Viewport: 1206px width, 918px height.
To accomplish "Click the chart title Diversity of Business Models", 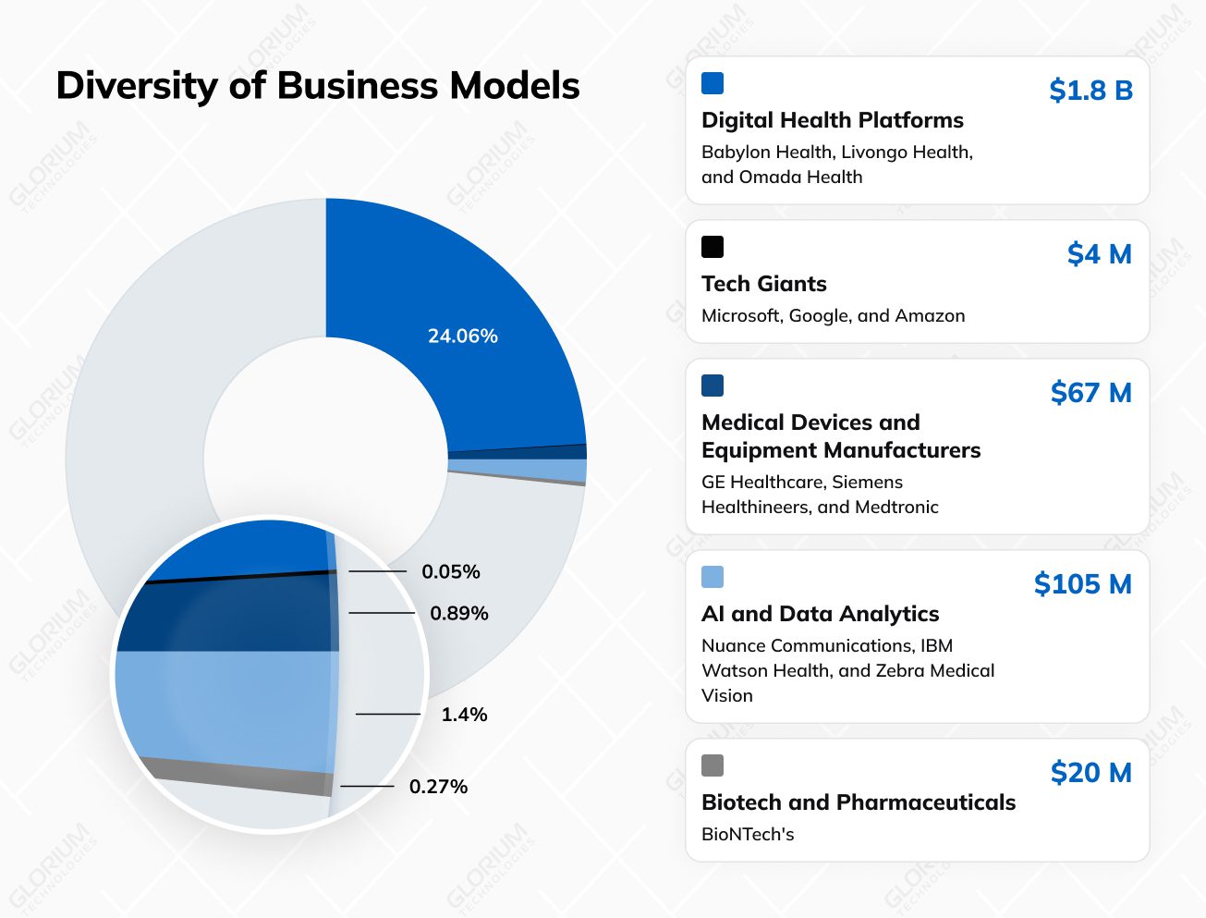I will click(x=317, y=86).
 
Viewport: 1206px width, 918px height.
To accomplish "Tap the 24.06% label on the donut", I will click(x=462, y=336).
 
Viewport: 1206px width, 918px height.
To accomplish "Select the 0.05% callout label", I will click(x=450, y=571).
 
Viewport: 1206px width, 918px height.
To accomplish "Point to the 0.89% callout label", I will click(x=458, y=613).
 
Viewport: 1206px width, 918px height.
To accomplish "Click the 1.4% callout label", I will click(x=464, y=714).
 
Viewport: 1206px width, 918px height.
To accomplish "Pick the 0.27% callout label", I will click(x=438, y=786).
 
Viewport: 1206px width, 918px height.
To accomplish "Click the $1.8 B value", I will click(x=1090, y=90).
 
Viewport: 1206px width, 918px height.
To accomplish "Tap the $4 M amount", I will click(x=1099, y=253).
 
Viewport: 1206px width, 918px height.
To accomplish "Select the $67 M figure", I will click(x=1090, y=392).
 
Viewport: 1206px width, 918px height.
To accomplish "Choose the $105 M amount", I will click(x=1082, y=583).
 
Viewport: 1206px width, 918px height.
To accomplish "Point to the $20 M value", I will click(x=1090, y=772).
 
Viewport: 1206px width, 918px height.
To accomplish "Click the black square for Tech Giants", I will click(x=713, y=247).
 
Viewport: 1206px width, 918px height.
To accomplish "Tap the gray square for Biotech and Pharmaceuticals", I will click(x=713, y=765).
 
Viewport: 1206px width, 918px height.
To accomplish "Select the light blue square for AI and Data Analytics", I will click(x=713, y=577).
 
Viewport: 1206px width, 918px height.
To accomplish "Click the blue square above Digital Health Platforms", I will click(x=713, y=83).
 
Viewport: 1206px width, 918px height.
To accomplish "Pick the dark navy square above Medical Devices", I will click(x=713, y=386).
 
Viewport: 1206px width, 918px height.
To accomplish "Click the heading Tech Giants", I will click(x=763, y=284).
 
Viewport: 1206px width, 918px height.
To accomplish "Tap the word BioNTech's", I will click(x=748, y=834).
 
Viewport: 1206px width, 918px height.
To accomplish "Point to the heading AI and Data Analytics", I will click(x=820, y=614).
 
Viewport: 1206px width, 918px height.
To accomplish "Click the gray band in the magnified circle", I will click(x=240, y=775).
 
